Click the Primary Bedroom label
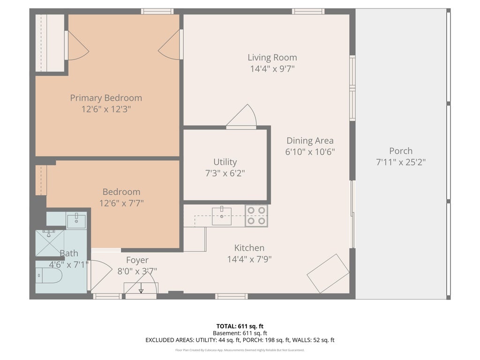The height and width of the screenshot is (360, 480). tap(106, 98)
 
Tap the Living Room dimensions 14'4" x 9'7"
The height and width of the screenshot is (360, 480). tap(272, 68)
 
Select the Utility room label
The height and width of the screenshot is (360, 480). tap(225, 162)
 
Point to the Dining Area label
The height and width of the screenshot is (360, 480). tap(310, 141)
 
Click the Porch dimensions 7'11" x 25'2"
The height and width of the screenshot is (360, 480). tap(401, 162)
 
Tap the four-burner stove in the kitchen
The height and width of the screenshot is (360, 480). tap(256, 216)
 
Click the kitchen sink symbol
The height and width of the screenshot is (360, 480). tap(222, 216)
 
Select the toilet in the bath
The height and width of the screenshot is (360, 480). tap(49, 276)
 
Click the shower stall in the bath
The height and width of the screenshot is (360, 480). tap(50, 243)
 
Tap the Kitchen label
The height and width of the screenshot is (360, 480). tap(249, 248)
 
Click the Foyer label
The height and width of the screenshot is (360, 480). tap(137, 260)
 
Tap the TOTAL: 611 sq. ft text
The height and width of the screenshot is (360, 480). tap(240, 326)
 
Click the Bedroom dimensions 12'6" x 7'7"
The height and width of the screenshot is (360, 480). tap(121, 203)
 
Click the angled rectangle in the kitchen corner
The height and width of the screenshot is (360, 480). tap(328, 273)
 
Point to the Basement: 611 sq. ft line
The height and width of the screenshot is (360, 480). tap(240, 333)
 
